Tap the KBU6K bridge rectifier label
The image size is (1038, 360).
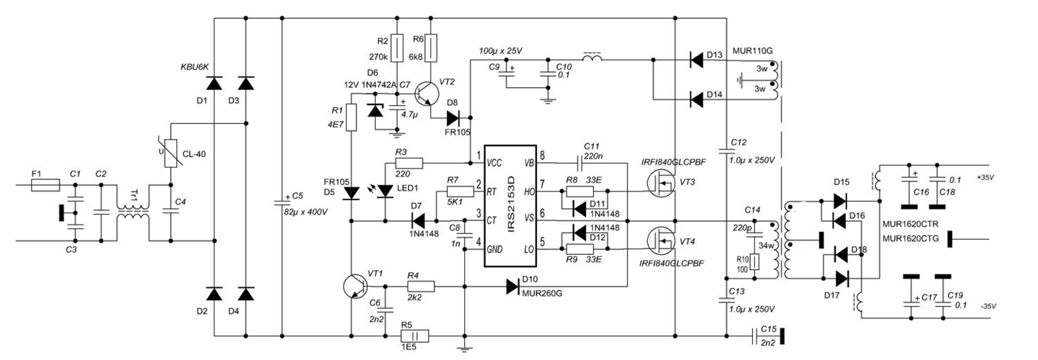(194, 67)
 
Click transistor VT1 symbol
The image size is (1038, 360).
(358, 286)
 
